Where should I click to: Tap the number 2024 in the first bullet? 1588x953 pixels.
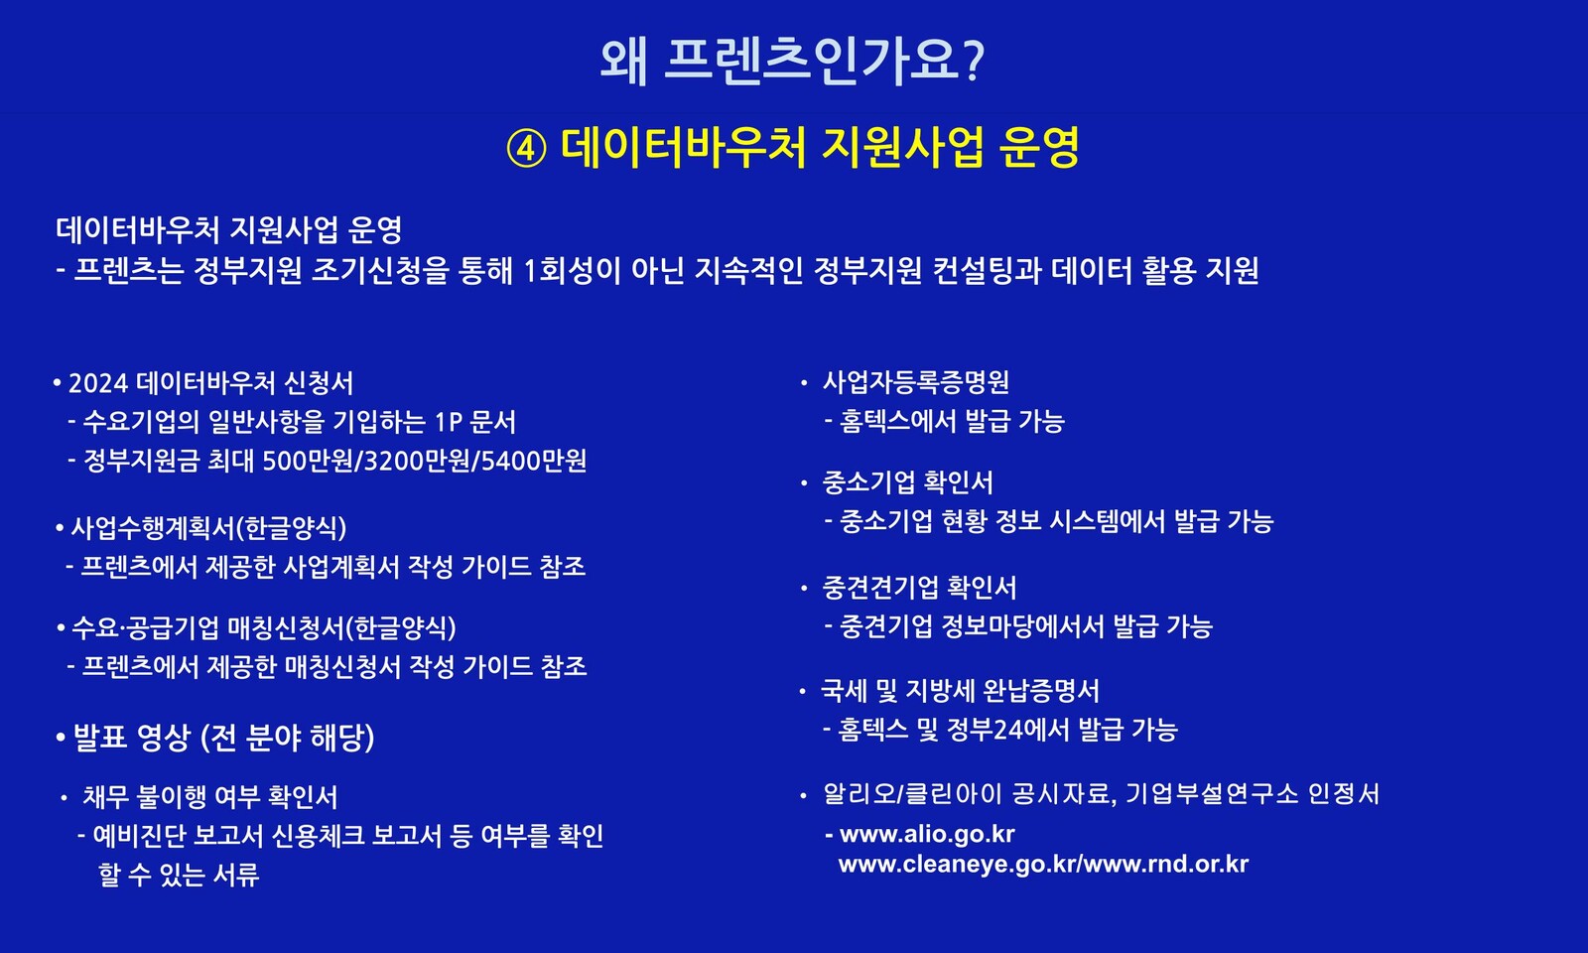[98, 383]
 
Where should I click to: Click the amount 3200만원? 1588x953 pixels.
[418, 461]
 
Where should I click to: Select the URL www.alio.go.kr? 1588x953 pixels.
[927, 834]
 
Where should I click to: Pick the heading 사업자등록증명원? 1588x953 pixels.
[915, 382]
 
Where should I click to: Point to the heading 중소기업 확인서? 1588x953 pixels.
[907, 482]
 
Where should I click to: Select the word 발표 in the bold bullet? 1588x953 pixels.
[100, 738]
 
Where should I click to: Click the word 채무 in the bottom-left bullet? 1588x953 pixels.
[106, 797]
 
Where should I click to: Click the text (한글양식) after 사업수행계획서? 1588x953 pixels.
[291, 528]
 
